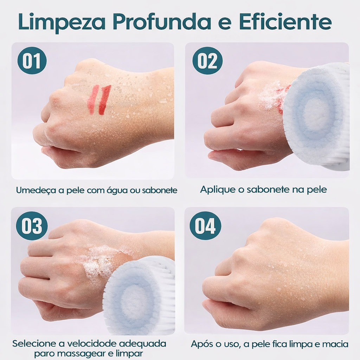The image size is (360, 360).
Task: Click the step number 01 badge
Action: (x=32, y=60)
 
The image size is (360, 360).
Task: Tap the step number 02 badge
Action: (x=207, y=60)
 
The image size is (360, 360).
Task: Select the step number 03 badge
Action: (x=32, y=226)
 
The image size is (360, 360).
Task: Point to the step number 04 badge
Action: (x=205, y=226)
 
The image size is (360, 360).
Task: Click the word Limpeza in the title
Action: (x=62, y=22)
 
